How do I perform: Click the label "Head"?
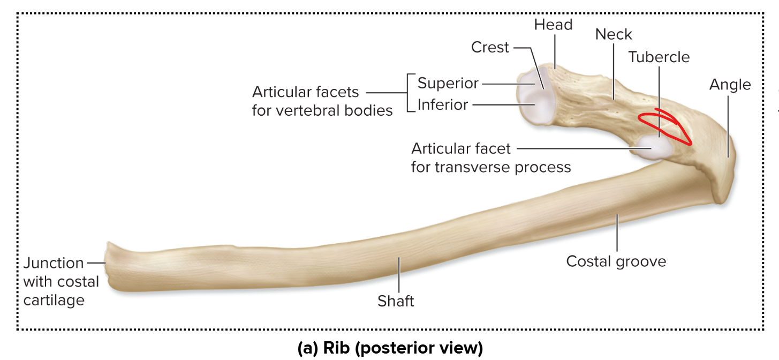click(553, 25)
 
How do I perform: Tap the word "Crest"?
click(490, 48)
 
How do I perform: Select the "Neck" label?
click(614, 34)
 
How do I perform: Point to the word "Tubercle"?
click(659, 57)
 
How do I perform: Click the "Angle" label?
click(730, 85)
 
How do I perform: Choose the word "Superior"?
click(448, 84)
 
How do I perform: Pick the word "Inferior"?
click(443, 104)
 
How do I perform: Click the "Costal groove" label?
click(616, 261)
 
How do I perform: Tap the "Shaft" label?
click(396, 301)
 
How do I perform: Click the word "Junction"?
click(54, 263)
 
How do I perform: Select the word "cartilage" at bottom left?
click(54, 300)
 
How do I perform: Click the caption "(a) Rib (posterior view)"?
click(390, 348)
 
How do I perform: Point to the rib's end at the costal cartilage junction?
click(109, 266)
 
